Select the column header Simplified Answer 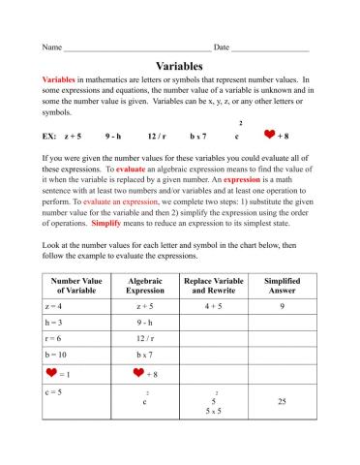pyautogui.click(x=282, y=286)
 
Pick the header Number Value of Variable pyautogui.click(x=75, y=286)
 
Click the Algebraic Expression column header pyautogui.click(x=145, y=286)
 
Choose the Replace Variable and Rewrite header pyautogui.click(x=213, y=286)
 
